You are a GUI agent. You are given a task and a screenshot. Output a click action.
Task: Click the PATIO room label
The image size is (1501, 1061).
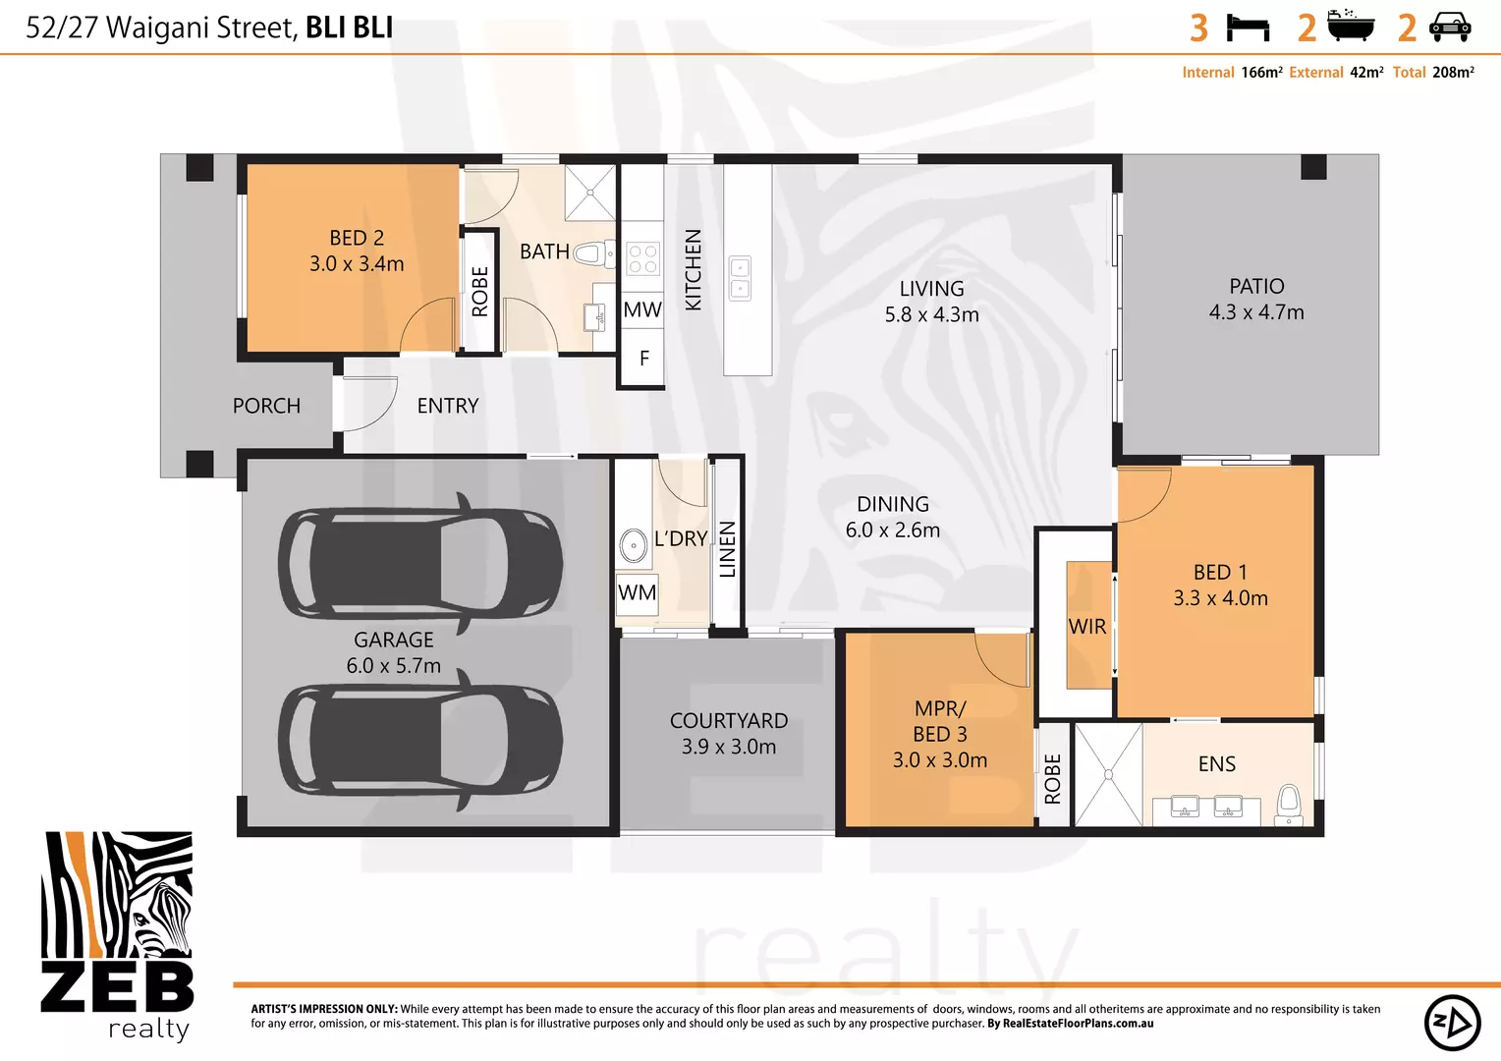tap(1256, 286)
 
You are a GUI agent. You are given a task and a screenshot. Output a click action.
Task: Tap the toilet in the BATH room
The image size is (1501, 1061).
tap(587, 253)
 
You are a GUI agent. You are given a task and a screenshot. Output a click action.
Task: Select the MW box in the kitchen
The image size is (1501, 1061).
tap(642, 310)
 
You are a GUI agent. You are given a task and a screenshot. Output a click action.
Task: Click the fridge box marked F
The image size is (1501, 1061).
tap(643, 359)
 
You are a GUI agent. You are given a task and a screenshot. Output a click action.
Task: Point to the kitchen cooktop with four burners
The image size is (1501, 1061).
tap(642, 258)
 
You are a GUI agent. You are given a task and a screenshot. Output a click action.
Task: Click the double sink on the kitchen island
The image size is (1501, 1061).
tap(740, 278)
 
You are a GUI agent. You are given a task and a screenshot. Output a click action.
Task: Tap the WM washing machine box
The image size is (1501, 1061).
tap(638, 592)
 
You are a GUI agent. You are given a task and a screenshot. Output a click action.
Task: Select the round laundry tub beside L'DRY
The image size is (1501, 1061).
tap(634, 545)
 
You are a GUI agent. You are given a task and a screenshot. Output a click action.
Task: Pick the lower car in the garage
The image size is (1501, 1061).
tap(420, 739)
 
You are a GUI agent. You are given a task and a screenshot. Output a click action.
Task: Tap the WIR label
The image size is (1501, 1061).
tap(1087, 627)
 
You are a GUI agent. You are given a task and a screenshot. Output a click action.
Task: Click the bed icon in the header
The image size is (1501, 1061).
tap(1248, 28)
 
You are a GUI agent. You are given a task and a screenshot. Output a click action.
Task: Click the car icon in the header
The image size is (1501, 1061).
tap(1450, 27)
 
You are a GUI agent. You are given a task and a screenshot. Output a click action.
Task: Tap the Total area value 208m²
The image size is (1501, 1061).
tap(1453, 73)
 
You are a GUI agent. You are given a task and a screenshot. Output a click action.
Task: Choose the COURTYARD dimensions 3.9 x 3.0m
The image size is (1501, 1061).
tap(729, 747)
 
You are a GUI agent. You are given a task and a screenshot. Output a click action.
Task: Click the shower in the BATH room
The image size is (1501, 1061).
tap(589, 193)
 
